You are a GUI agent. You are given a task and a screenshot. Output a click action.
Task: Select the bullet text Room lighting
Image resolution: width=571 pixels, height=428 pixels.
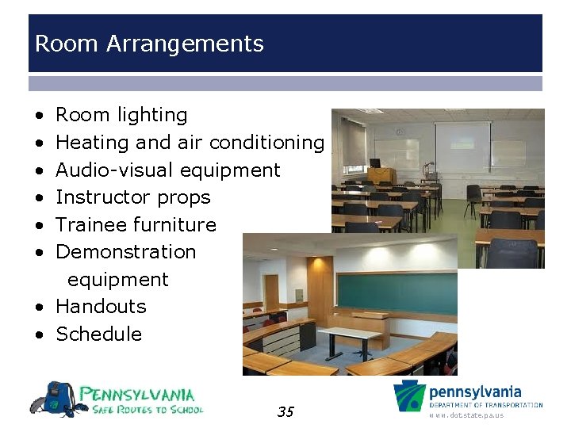pyautogui.click(x=121, y=115)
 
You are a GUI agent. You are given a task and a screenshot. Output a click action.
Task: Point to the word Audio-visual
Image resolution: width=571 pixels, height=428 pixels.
pyautogui.click(x=116, y=170)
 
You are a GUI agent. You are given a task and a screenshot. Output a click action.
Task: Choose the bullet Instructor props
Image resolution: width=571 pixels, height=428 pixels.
pyautogui.click(x=133, y=197)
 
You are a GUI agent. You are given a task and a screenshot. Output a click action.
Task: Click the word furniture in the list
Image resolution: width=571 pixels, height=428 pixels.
pyautogui.click(x=174, y=225)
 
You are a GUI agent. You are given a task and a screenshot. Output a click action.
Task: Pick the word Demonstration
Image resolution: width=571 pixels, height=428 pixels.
pyautogui.click(x=126, y=252)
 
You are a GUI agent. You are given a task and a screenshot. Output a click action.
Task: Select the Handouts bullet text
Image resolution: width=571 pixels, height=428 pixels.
pyautogui.click(x=101, y=307)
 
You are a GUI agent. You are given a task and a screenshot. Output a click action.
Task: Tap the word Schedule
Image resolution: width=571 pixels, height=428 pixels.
pyautogui.click(x=98, y=334)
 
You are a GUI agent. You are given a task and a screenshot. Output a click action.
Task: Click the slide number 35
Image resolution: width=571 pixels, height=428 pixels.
pyautogui.click(x=285, y=411)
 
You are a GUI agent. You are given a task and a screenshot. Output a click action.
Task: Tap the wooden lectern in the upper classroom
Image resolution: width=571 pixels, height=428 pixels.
pyautogui.click(x=381, y=175)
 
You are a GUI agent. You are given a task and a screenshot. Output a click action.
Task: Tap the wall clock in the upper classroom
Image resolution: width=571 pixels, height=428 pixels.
pyautogui.click(x=400, y=132)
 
